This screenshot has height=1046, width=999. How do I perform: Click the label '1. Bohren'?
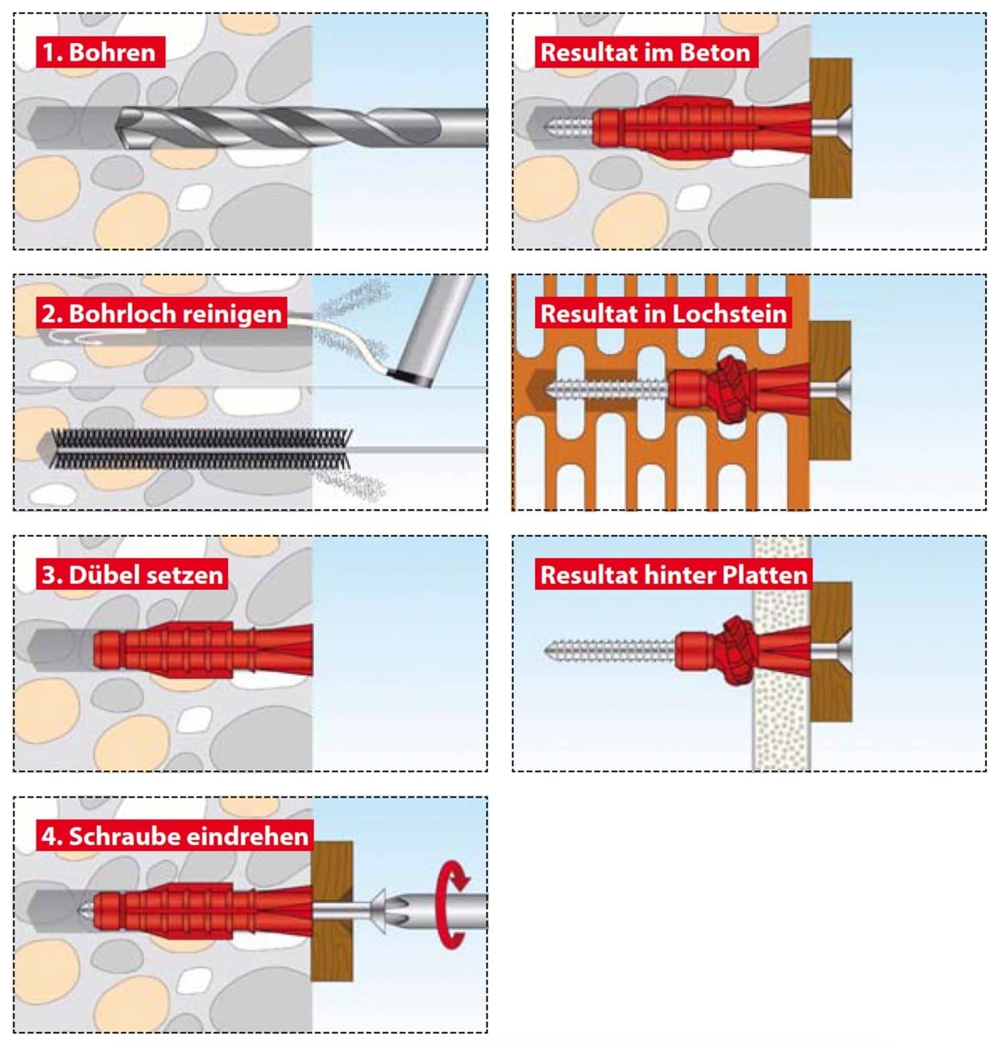[99, 52]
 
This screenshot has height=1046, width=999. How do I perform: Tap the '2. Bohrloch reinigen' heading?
[162, 313]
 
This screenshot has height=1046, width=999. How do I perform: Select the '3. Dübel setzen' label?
[132, 575]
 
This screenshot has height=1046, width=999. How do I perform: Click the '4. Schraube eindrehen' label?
[175, 836]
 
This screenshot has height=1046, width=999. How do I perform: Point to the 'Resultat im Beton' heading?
[645, 52]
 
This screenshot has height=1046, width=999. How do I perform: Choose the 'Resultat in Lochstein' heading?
[664, 313]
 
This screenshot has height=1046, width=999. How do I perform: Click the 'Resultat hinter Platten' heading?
[674, 575]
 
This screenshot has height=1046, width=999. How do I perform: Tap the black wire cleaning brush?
[201, 449]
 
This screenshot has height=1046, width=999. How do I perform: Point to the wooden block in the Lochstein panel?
[831, 429]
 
